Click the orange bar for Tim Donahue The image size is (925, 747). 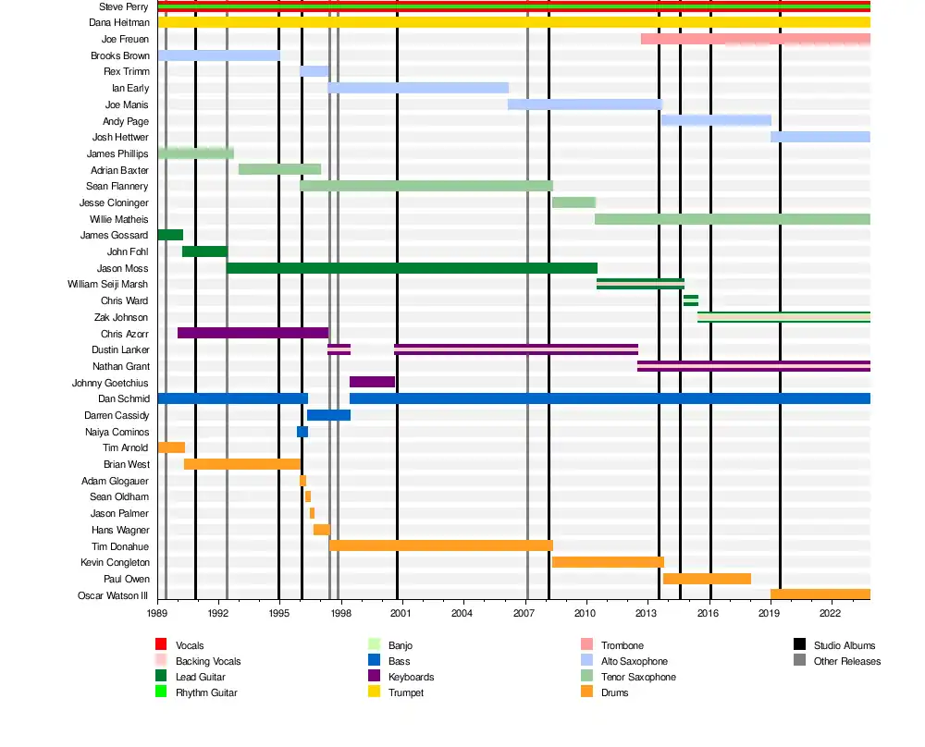(441, 545)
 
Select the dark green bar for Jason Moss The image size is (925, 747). (412, 268)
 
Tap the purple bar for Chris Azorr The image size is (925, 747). (253, 333)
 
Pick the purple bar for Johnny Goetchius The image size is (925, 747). (372, 382)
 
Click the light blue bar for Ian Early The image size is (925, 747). (418, 88)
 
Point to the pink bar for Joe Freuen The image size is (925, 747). (755, 39)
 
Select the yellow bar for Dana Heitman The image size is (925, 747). (513, 22)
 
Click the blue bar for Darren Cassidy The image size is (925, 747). (328, 415)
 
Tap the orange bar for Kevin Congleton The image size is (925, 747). (608, 562)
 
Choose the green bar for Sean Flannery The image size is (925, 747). (426, 186)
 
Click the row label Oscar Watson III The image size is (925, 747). (113, 595)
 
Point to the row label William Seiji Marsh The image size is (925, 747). (107, 284)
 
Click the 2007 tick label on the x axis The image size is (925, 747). (524, 613)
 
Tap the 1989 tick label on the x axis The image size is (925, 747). (157, 613)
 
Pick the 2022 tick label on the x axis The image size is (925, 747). (830, 613)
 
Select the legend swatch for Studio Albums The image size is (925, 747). (799, 644)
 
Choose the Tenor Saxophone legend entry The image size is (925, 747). (638, 677)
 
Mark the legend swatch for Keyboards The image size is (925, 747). (374, 677)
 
